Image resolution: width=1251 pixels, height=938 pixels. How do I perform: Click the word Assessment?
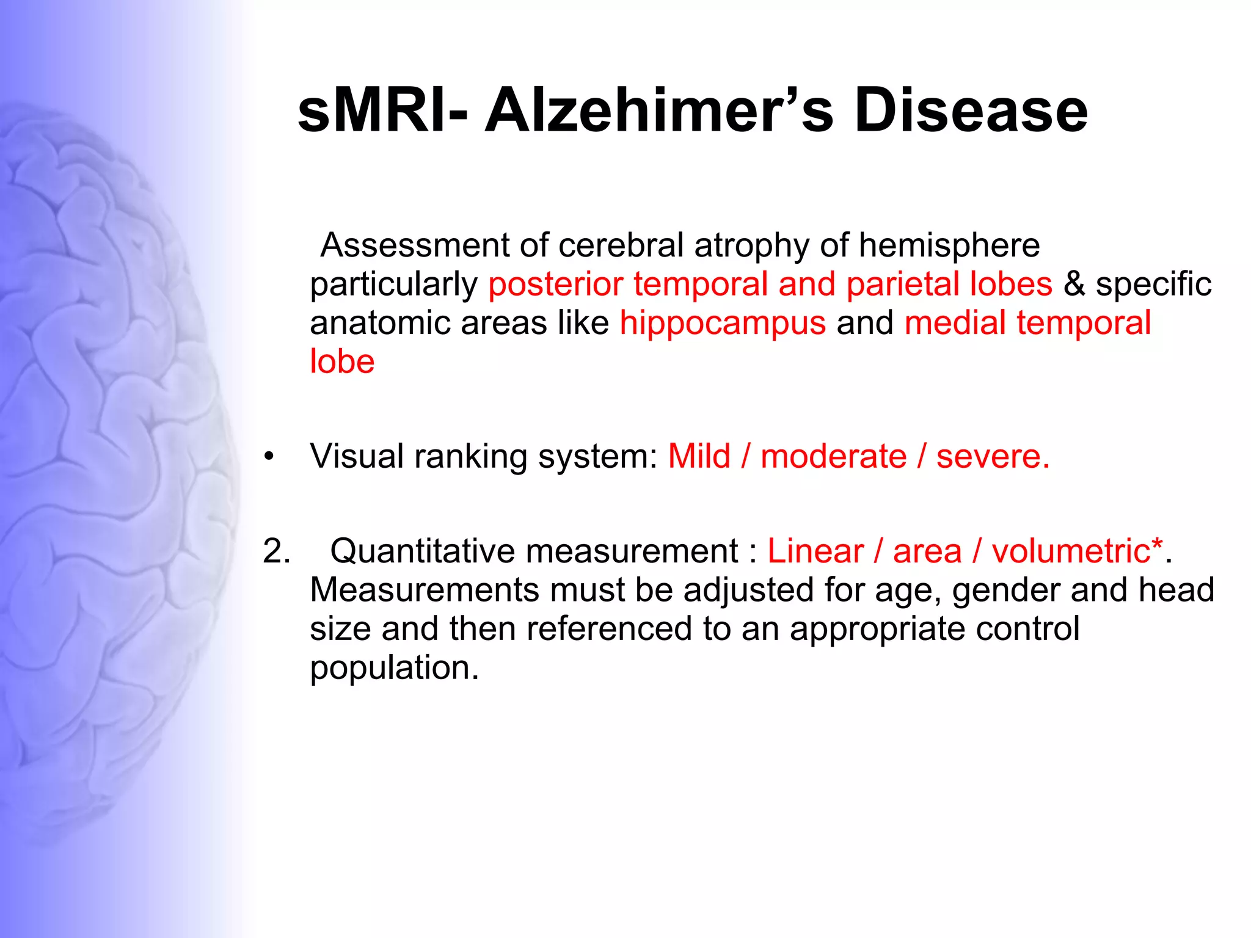[x=415, y=245]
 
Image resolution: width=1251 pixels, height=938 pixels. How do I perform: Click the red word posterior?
[x=555, y=285]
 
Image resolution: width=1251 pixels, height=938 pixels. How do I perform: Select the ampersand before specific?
[x=1074, y=285]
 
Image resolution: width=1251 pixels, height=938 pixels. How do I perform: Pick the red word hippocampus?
[x=723, y=324]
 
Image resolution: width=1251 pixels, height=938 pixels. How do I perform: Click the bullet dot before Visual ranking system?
[x=269, y=457]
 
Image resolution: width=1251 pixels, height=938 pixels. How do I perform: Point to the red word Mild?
[x=699, y=456]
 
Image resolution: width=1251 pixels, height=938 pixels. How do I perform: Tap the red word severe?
[x=992, y=457]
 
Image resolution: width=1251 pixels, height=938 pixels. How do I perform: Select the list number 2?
[x=276, y=551]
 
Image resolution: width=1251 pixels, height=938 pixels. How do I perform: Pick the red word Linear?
[x=815, y=551]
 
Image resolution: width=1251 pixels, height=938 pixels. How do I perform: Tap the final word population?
[x=394, y=668]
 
